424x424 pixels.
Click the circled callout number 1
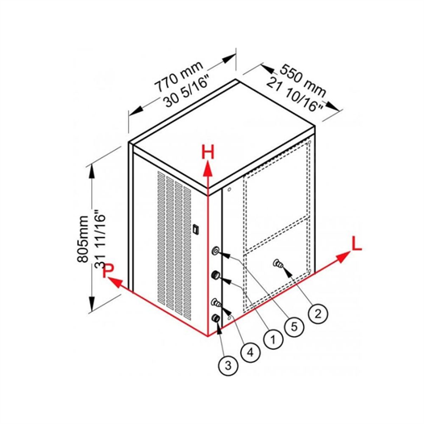(272, 339)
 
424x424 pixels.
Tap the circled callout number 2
(318, 314)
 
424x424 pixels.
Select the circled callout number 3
(228, 366)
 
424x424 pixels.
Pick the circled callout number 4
(251, 352)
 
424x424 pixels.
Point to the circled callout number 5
(294, 326)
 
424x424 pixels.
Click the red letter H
(208, 152)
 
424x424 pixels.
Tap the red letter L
(356, 243)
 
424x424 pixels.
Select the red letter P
(108, 270)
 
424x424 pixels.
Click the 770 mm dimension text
(179, 77)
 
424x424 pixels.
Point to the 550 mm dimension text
(303, 81)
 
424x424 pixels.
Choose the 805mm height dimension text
(83, 239)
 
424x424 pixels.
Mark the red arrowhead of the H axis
(208, 168)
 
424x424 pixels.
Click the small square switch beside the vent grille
(196, 228)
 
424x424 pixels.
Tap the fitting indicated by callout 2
(278, 263)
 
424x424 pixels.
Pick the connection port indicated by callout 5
(216, 251)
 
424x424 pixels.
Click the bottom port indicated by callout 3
(215, 318)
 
